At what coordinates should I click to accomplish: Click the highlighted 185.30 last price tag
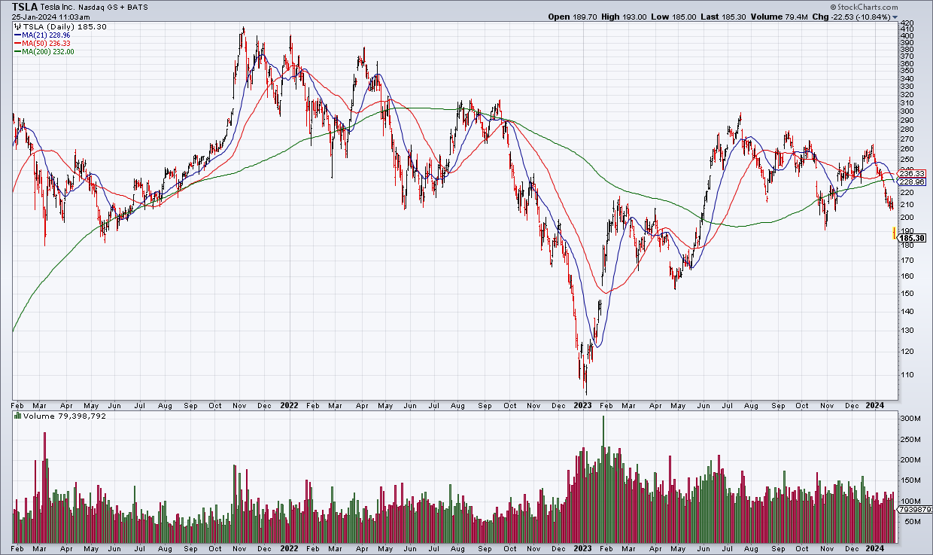coord(913,238)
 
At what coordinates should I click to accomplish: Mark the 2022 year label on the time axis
coord(289,405)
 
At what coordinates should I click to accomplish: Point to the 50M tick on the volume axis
coord(910,521)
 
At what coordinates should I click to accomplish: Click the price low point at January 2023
coord(586,393)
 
